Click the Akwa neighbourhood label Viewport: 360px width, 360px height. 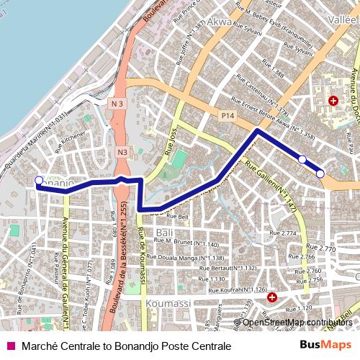(x=221, y=22)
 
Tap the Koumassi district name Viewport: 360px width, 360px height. (x=168, y=305)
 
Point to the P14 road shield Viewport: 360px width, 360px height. (x=228, y=114)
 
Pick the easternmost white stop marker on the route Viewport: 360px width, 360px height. (x=320, y=173)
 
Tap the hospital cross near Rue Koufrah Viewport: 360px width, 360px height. (x=271, y=297)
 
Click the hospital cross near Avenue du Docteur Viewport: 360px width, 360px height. (x=333, y=101)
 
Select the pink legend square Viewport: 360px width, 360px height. (x=10, y=346)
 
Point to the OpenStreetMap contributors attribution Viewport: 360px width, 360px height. (x=297, y=323)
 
